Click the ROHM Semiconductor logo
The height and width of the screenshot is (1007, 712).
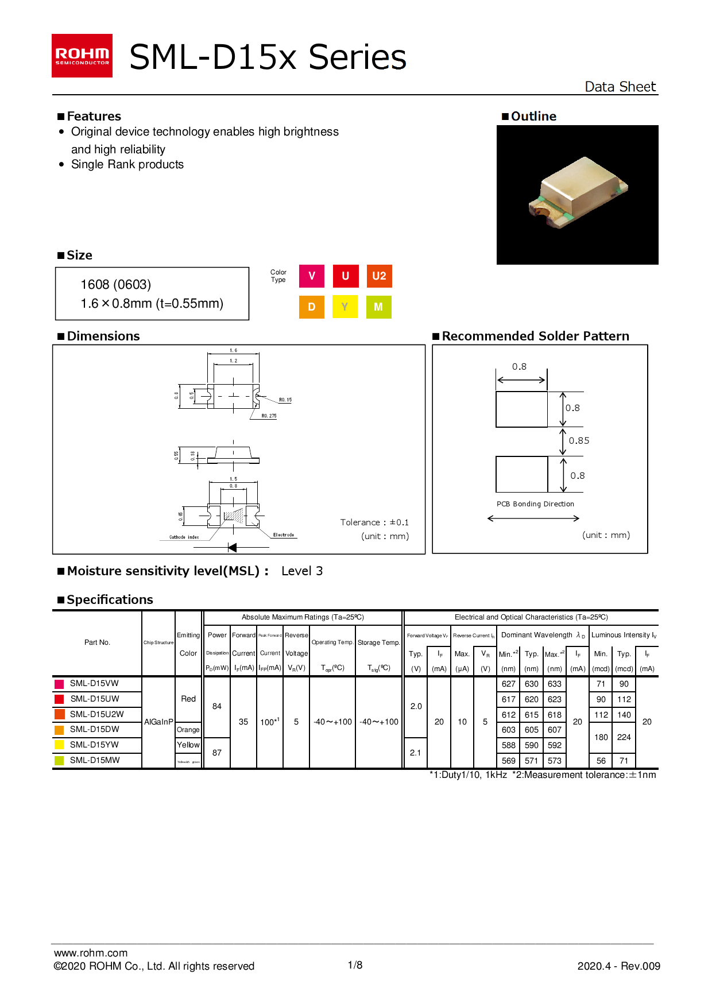coord(82,56)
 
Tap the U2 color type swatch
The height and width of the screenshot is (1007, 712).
coord(379,276)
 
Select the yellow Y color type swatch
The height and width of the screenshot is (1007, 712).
coord(345,307)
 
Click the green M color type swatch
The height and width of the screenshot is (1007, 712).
coord(378,307)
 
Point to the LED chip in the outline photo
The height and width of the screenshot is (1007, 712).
coord(578,192)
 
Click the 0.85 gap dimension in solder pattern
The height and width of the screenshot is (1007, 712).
coord(579,441)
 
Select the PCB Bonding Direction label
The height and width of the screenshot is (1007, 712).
coord(535,504)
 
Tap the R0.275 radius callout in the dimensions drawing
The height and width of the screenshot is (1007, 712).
coord(269,416)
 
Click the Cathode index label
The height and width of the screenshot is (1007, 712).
coord(184,537)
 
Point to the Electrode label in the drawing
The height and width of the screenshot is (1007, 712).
coord(284,535)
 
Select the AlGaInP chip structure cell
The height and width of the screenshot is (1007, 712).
coord(158,722)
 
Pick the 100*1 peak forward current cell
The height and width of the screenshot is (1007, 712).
coord(270,722)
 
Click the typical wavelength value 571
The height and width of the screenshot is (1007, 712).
coord(532,761)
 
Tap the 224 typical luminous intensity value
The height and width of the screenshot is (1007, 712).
coord(624,737)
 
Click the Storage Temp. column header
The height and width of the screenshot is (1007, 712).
coord(378,642)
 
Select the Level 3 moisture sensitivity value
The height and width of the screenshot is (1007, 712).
coord(302,571)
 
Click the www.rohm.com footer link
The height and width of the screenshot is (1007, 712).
coord(91,953)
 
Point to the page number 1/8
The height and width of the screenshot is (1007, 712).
coord(355,965)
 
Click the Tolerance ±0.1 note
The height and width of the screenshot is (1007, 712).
coord(374,522)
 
